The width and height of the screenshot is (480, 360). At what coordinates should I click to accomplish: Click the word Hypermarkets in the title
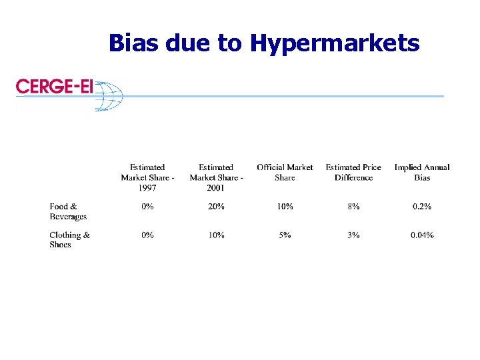[335, 44]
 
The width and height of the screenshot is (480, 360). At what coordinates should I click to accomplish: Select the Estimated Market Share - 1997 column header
[147, 177]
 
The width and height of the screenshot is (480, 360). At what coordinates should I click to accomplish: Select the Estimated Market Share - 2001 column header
[216, 177]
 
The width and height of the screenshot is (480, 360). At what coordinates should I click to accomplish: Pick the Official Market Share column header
[285, 172]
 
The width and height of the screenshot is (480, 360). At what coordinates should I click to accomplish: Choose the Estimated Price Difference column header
[353, 172]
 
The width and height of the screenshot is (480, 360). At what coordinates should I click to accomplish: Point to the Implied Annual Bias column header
[422, 172]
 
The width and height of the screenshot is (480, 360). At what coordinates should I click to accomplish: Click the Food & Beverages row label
[67, 211]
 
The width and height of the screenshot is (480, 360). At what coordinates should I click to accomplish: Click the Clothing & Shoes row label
[69, 239]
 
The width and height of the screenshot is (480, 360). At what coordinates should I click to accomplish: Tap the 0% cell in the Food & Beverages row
[147, 207]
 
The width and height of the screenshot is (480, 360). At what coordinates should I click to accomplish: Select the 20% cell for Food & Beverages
[216, 207]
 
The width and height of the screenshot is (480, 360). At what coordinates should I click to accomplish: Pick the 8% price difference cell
[353, 207]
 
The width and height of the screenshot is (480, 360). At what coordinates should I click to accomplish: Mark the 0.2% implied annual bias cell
[422, 207]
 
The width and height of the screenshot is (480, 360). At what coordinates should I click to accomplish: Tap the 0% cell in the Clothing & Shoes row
[147, 235]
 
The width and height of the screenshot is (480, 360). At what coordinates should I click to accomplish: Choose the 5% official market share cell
[285, 235]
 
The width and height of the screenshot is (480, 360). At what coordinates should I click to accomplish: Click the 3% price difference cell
[353, 235]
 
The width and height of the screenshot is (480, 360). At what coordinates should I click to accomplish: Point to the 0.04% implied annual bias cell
[422, 235]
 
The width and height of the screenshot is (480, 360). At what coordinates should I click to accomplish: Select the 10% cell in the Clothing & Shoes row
[216, 235]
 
